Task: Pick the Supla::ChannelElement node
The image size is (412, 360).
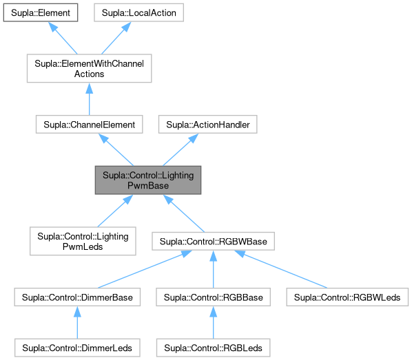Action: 89,125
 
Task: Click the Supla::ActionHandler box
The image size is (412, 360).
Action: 207,125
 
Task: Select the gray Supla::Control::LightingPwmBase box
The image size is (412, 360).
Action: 148,180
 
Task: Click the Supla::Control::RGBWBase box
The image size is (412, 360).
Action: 214,242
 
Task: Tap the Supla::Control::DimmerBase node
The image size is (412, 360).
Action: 78,297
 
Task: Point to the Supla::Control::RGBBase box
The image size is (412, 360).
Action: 214,297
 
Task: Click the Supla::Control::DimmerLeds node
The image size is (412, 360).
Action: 78,346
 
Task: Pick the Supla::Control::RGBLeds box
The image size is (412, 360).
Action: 214,346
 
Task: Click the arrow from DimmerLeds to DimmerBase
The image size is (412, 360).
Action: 78,322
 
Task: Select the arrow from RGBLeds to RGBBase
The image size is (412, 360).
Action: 214,322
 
